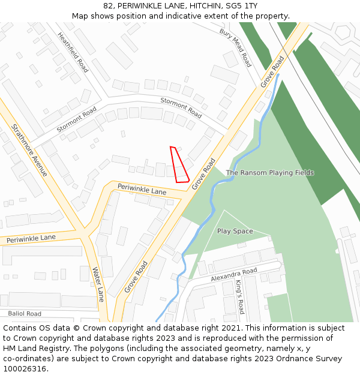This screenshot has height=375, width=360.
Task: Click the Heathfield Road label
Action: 73,52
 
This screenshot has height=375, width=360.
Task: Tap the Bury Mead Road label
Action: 235,47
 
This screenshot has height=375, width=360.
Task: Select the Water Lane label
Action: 98,285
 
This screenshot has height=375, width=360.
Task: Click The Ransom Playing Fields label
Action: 269,173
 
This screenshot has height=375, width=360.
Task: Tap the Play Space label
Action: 235,231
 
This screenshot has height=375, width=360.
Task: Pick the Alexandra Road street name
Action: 234,275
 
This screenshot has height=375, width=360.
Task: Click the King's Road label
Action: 239,297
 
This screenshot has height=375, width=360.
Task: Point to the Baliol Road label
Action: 25,314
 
